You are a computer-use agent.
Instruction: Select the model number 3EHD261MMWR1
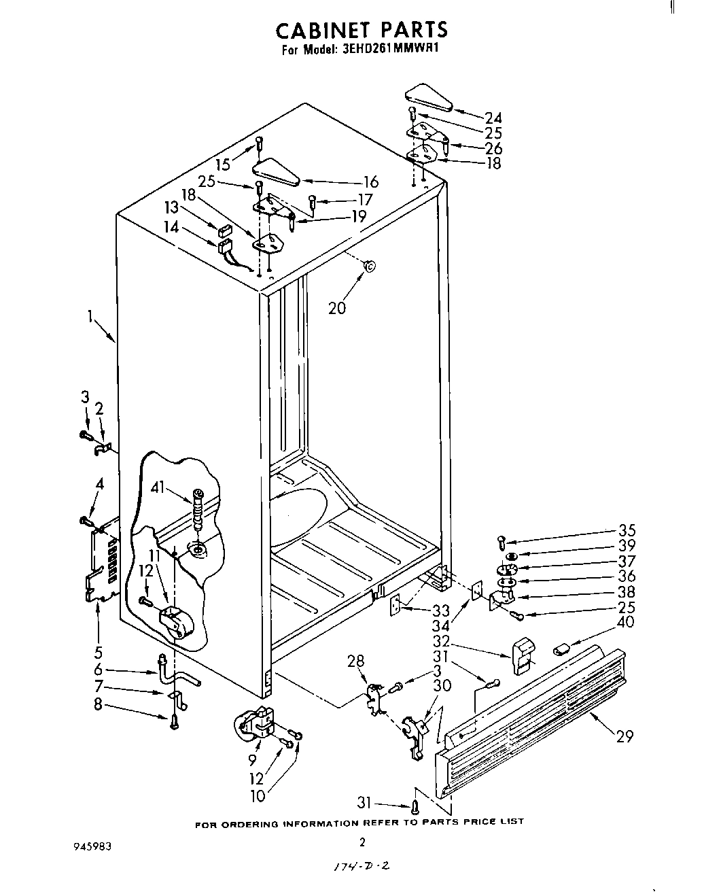(391, 50)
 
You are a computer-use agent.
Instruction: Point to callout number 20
(337, 308)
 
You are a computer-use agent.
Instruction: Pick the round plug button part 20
(370, 266)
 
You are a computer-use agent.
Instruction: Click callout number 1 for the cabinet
(90, 316)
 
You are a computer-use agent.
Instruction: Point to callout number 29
(623, 736)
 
